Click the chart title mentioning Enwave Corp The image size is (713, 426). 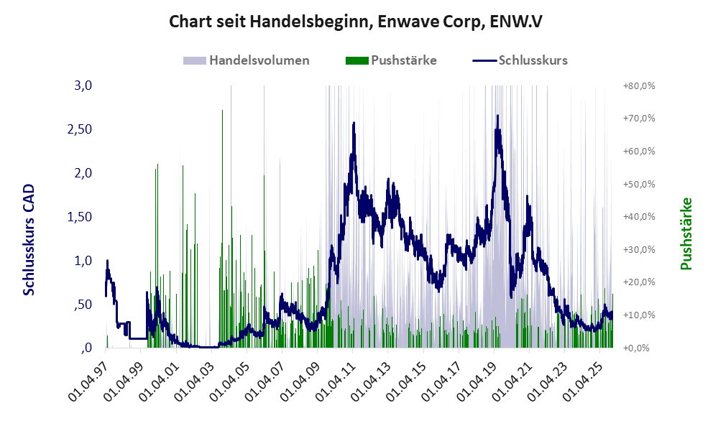356,22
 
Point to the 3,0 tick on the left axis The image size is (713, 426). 84,85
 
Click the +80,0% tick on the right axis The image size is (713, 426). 638,86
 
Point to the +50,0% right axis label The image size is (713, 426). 638,185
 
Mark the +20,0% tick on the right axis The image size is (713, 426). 638,282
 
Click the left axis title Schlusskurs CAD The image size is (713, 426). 29,239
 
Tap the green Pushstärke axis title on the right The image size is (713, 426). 686,234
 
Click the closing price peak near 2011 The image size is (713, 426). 354,123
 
